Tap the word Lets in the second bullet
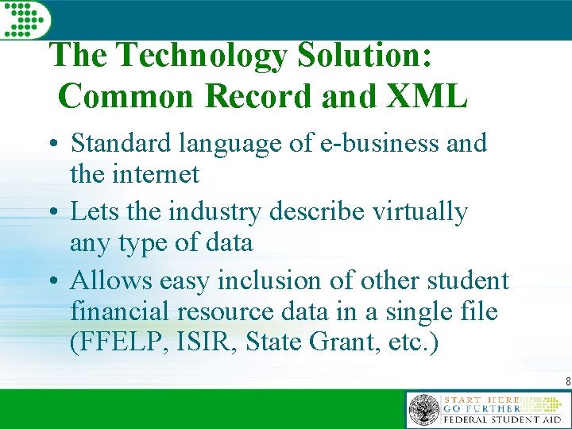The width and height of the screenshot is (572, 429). tap(91, 212)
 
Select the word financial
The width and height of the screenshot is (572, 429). tap(113, 311)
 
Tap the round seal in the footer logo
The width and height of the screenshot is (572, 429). tap(423, 410)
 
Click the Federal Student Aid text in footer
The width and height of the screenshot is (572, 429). tap(502, 419)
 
